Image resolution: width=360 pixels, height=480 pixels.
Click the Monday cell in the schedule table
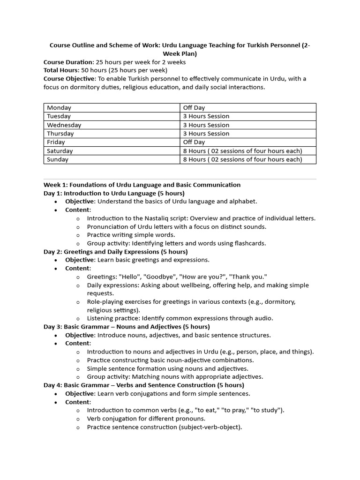pyautogui.click(x=59, y=108)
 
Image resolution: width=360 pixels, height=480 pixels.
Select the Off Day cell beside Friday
pyautogui.click(x=194, y=142)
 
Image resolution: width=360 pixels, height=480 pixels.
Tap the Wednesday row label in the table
pyautogui.click(x=64, y=125)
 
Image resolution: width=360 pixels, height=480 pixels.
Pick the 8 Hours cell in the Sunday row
pyautogui.click(x=242, y=159)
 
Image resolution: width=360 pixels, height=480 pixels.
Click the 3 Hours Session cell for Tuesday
pyautogui.click(x=206, y=116)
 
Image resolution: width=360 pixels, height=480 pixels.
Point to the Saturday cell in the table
pyautogui.click(x=60, y=151)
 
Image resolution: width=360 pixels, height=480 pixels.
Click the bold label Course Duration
pyautogui.click(x=68, y=62)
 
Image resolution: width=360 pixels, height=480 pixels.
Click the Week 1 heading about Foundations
pyautogui.click(x=142, y=185)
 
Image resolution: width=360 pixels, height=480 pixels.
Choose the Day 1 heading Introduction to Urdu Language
pyautogui.click(x=114, y=193)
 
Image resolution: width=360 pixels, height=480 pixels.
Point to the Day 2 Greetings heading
pyautogui.click(x=115, y=252)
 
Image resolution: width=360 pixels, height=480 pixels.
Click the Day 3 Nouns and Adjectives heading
pyautogui.click(x=127, y=327)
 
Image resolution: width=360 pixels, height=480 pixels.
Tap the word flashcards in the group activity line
pyautogui.click(x=250, y=243)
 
